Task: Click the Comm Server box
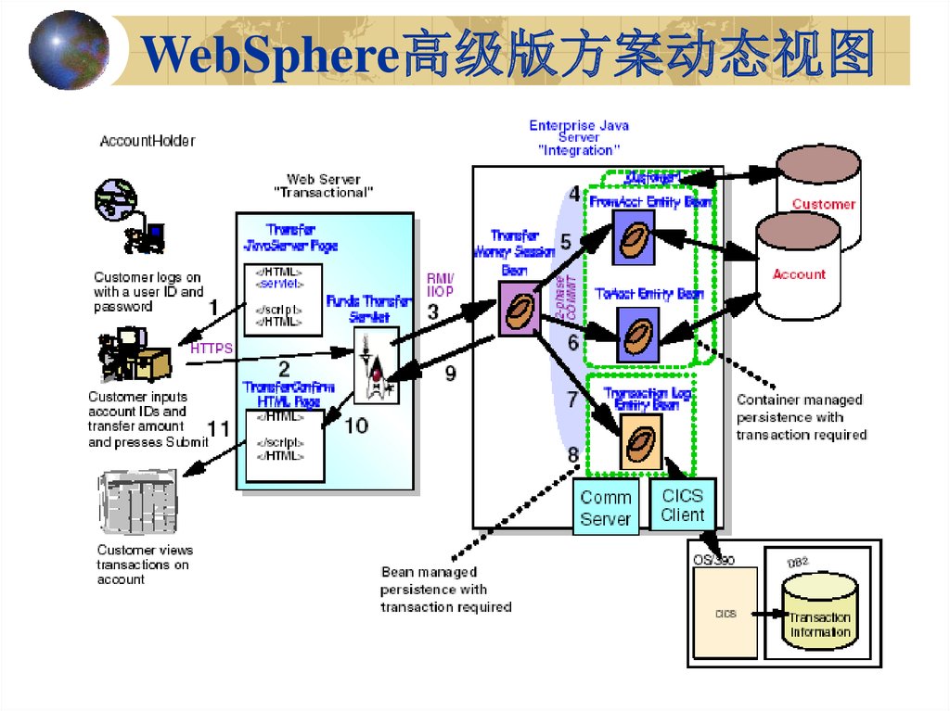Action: [605, 508]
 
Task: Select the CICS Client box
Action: [682, 505]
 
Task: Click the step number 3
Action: [433, 311]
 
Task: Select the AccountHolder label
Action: [148, 141]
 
